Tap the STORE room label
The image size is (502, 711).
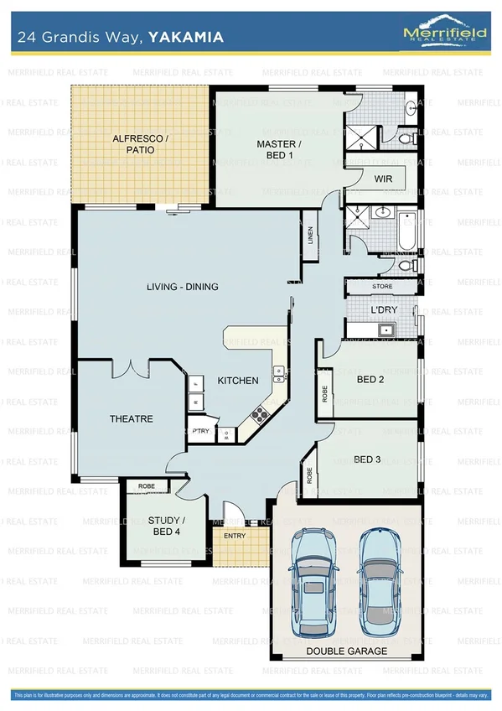tap(382, 287)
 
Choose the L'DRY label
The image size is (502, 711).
tap(384, 310)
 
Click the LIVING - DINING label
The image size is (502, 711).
tap(182, 287)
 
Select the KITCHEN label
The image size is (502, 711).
tap(238, 381)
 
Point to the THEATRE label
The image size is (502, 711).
tap(131, 418)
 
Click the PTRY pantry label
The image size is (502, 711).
tap(200, 431)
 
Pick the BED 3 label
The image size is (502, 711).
tap(368, 459)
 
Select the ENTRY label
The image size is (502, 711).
tap(235, 537)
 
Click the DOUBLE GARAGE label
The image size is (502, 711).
tap(346, 651)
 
